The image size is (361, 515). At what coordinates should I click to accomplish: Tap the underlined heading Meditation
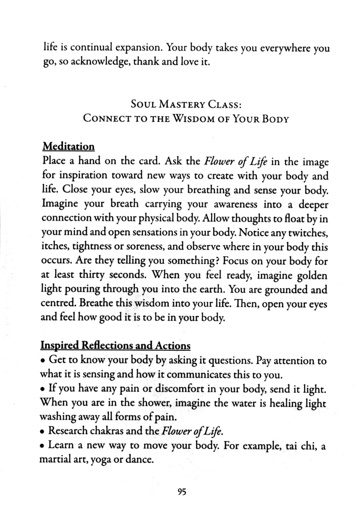pyautogui.click(x=68, y=146)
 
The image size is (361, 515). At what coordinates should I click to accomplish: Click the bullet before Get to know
pyautogui.click(x=43, y=360)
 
